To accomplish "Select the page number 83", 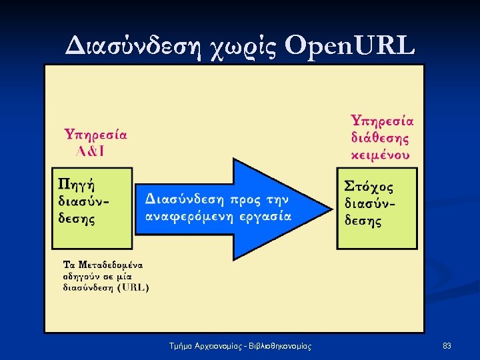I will coord(447,346).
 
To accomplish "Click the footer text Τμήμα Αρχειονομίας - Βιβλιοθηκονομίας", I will coord(240,346).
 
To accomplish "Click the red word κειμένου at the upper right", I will coord(380,155).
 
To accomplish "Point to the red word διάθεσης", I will coord(380,139).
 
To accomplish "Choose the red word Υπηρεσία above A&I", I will coord(95,134).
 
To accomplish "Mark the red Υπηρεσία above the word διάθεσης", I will coord(383,121).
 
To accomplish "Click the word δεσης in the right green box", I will coord(363,220).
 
